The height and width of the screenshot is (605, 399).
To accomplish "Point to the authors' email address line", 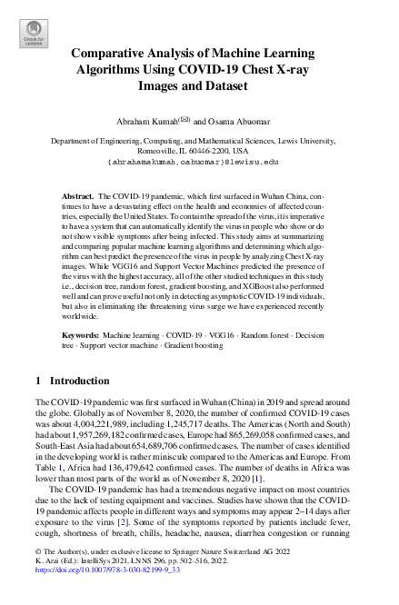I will click(x=199, y=162).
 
